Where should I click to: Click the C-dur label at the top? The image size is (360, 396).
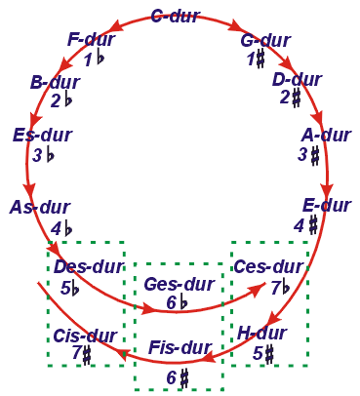click(x=176, y=16)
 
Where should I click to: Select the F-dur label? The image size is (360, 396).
click(x=92, y=40)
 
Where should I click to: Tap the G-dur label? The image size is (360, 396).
click(x=265, y=41)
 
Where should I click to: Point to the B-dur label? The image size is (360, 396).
click(x=55, y=83)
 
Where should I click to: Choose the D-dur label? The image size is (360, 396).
click(x=298, y=80)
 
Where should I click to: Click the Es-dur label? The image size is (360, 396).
click(x=43, y=136)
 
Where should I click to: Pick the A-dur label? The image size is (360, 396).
click(x=326, y=136)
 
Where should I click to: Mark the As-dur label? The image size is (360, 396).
click(x=40, y=208)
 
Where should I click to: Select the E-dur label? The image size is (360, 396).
click(x=327, y=206)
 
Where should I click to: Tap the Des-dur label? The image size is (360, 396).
click(x=89, y=266)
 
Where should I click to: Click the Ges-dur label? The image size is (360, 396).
click(x=180, y=285)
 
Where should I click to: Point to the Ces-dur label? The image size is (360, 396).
click(x=268, y=267)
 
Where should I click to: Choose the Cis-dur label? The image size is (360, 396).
click(x=85, y=336)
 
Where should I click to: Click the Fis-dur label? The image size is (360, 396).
click(x=180, y=348)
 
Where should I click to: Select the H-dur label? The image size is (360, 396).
click(x=262, y=334)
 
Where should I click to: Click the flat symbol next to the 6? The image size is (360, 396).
click(x=183, y=302)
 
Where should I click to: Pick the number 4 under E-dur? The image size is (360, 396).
click(x=299, y=226)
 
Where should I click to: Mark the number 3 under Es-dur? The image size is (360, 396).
click(x=37, y=155)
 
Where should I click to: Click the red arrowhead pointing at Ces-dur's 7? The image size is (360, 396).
click(x=258, y=288)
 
